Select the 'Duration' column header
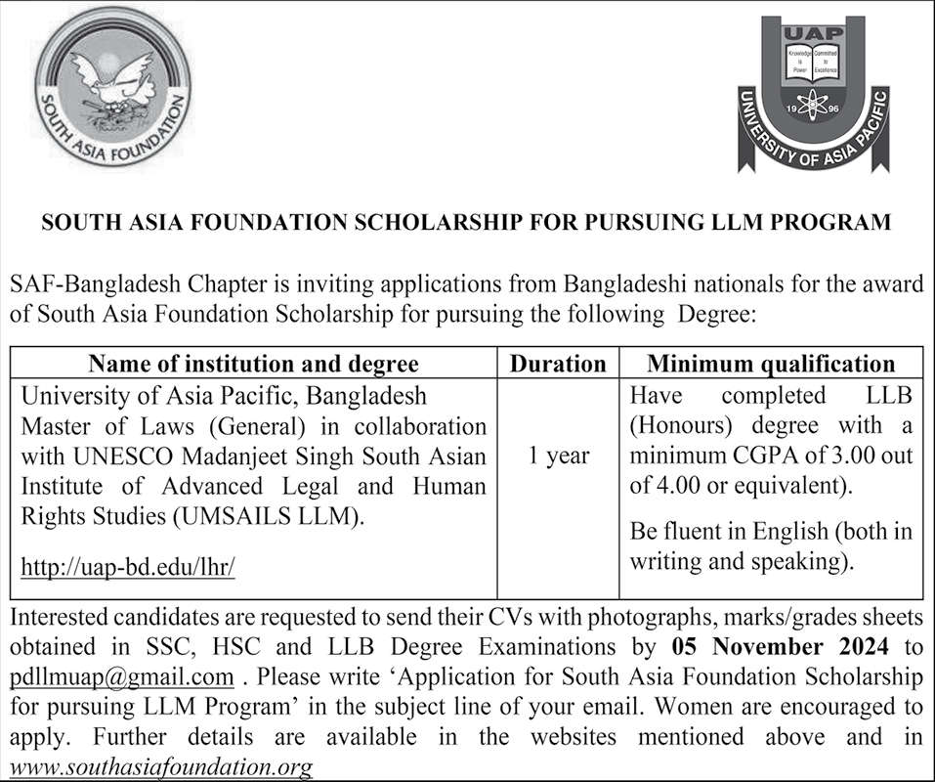(558, 364)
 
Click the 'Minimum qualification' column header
(771, 364)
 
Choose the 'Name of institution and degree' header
(253, 364)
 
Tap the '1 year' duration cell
(558, 456)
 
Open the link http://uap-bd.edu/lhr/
(128, 567)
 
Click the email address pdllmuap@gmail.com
(122, 676)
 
